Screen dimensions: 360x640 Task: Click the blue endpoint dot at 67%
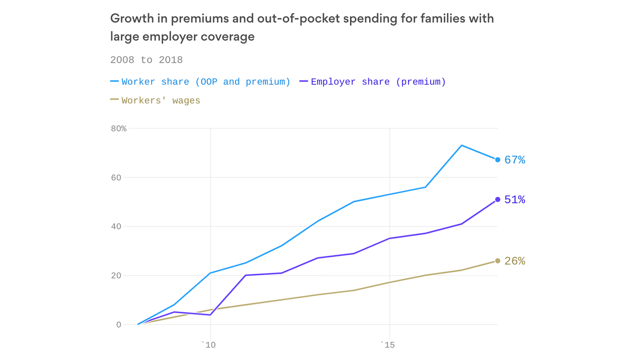tap(498, 160)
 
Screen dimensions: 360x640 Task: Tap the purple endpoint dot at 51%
tap(498, 200)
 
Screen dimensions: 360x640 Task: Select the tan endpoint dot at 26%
tap(498, 261)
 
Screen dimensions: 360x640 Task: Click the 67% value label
tap(514, 160)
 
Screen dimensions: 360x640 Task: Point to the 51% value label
tap(514, 200)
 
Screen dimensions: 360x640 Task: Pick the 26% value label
tap(514, 261)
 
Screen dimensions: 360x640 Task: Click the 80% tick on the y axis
tap(119, 128)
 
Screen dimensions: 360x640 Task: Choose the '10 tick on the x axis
tap(208, 345)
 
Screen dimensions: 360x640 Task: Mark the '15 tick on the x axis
tap(387, 345)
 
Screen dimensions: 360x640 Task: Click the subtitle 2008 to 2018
tap(146, 60)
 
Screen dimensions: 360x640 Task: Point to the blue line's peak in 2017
tap(461, 145)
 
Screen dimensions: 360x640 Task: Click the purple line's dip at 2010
tap(210, 315)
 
